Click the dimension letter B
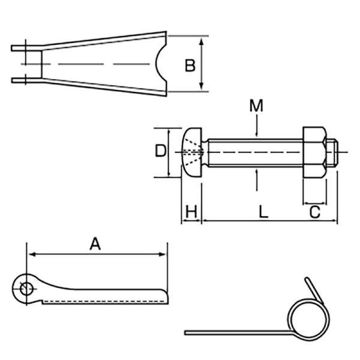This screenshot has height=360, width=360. pos(190,65)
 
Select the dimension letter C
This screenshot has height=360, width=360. pos(314,212)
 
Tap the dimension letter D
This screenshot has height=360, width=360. pos(160,151)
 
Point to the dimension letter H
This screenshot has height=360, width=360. pos(191,212)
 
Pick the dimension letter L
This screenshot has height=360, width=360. pos(263,212)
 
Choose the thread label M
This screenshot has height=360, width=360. pos(256,106)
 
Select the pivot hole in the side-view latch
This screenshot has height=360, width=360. pos(25,288)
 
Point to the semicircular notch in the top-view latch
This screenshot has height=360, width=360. pos(161,64)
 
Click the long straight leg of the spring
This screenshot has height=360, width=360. pos(234,332)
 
